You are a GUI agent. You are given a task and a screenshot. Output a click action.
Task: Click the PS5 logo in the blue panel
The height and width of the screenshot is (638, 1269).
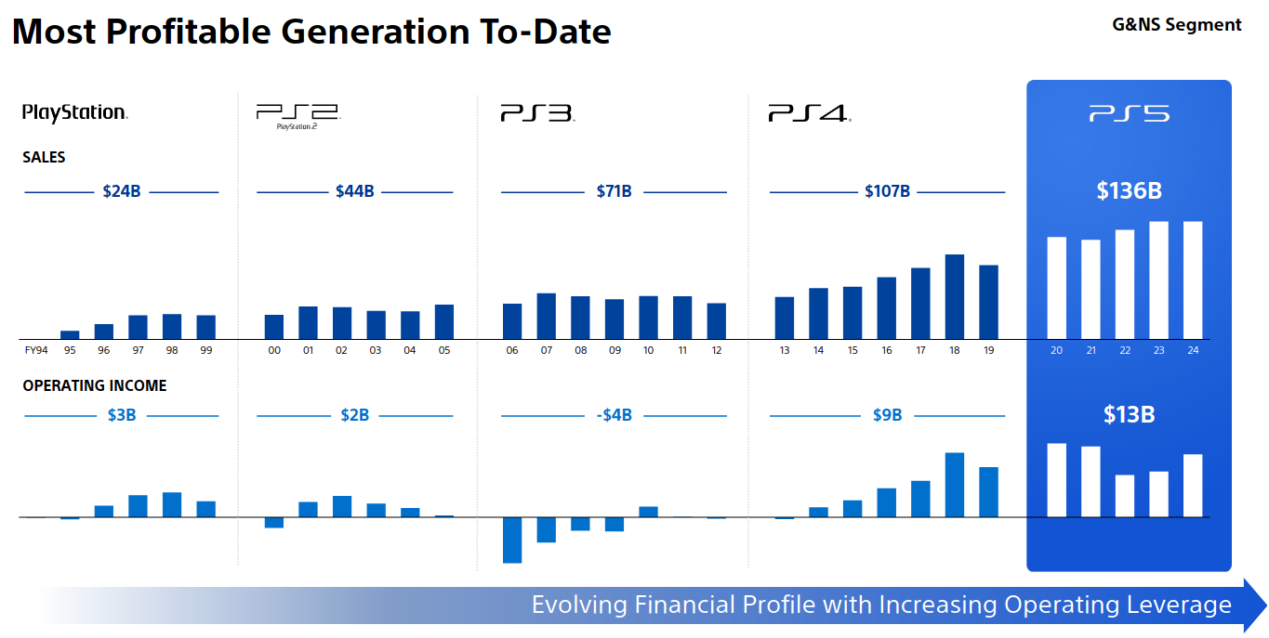click(1129, 114)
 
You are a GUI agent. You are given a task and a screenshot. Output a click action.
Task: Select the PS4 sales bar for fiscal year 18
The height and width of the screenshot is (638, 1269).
click(954, 296)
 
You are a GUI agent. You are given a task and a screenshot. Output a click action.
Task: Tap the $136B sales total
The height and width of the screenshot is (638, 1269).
click(1129, 191)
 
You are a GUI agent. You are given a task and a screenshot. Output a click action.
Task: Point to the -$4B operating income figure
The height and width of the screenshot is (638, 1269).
click(614, 415)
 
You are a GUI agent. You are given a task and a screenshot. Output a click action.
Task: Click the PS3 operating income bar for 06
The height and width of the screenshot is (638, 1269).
click(512, 540)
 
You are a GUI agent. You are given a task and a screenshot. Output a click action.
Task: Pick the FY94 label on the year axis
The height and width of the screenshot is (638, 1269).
click(36, 351)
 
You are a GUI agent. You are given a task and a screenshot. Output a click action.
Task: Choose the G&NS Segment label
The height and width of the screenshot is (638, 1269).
click(1176, 25)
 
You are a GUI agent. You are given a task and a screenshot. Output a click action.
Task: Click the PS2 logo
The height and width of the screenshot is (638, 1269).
click(297, 115)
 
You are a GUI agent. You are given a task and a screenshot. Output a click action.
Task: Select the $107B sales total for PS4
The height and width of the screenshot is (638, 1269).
click(887, 192)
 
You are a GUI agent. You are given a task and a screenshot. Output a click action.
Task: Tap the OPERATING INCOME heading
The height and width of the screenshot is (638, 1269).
click(95, 385)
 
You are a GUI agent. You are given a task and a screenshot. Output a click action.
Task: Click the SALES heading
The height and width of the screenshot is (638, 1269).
click(44, 158)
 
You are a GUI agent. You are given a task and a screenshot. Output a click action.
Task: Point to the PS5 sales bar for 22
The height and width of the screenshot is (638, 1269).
click(1125, 284)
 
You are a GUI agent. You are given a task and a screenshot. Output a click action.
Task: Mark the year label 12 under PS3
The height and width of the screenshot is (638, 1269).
click(716, 351)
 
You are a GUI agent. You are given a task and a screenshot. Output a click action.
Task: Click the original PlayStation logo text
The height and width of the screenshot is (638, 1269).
click(74, 112)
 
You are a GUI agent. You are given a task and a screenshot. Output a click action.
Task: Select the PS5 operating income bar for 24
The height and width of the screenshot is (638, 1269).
click(1193, 485)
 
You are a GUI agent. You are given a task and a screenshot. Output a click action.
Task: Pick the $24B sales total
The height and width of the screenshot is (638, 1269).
click(122, 192)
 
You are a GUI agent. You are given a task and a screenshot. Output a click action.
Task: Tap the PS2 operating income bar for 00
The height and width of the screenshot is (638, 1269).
click(274, 522)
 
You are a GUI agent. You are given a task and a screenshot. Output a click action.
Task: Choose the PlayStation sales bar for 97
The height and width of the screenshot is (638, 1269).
click(138, 327)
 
